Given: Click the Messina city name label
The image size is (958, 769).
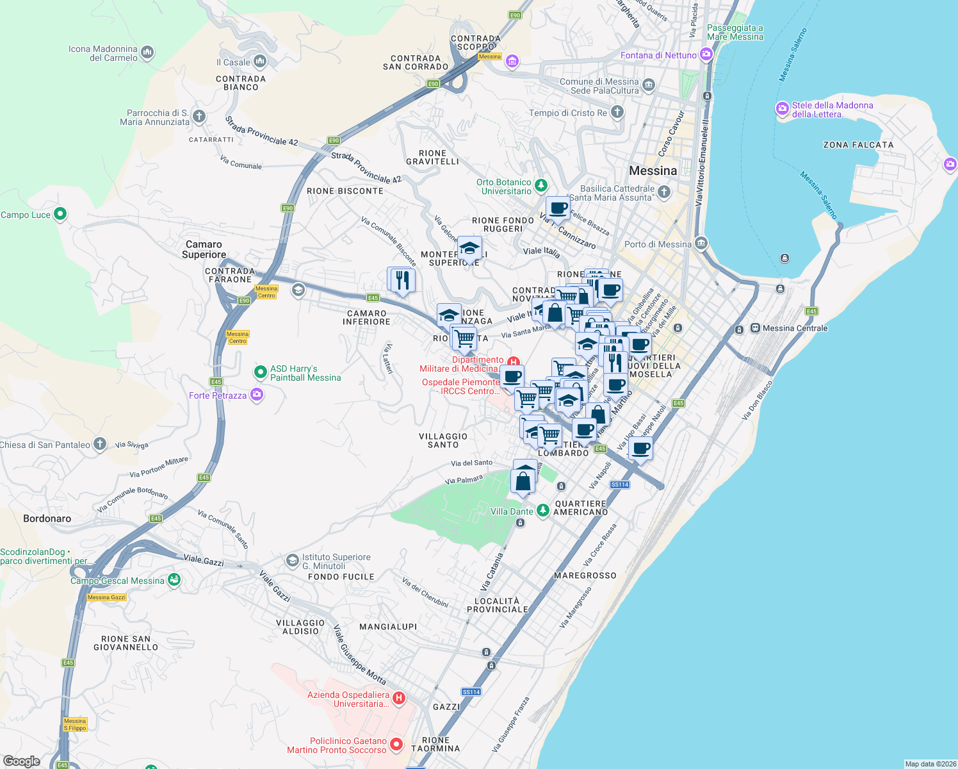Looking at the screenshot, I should (x=653, y=170).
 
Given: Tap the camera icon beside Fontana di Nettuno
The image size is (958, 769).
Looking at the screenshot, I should (x=706, y=54).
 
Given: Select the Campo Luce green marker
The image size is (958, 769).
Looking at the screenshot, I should (x=60, y=214).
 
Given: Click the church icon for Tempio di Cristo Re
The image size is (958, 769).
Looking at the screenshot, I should (x=617, y=112).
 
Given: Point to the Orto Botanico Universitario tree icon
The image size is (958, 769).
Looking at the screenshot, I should (x=541, y=186).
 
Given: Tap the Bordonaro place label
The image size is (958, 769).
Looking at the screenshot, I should (x=47, y=518).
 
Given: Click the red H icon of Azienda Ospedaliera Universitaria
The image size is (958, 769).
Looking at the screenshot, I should (x=398, y=698).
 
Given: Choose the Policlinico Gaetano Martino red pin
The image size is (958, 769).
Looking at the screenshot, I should (x=396, y=745).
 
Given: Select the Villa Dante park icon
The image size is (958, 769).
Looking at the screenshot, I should (x=543, y=511).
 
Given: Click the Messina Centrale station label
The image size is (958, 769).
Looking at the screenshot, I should (x=795, y=328).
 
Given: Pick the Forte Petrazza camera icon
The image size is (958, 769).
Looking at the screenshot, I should (x=257, y=395).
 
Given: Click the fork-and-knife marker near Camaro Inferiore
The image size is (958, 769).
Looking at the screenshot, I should (x=402, y=280).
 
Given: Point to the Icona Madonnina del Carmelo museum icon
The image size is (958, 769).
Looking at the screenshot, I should (x=147, y=52).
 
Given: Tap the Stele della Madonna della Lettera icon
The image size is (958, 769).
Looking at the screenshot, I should (x=782, y=109).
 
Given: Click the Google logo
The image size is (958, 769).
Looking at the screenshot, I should (x=21, y=761).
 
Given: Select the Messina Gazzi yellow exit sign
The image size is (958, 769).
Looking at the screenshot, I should (x=106, y=597).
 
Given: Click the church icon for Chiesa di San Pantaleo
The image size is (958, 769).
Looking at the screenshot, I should (x=99, y=443).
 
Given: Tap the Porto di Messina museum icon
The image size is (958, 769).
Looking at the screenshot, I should (x=701, y=244).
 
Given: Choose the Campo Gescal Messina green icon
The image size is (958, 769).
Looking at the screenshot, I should (x=174, y=580).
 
